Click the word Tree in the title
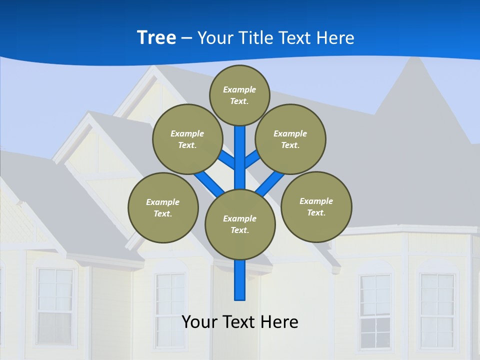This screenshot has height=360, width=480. click(156, 37)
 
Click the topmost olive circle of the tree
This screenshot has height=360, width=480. click(239, 95)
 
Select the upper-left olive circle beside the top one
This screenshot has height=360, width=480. click(187, 139)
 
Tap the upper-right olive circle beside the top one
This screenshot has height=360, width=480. click(290, 139)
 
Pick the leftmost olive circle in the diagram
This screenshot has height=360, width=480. click(163, 207)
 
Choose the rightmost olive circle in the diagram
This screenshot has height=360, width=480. click(316, 206)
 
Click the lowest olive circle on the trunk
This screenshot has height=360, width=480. click(239, 224)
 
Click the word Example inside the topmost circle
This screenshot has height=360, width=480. click(239, 89)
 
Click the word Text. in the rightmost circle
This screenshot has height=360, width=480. click(316, 212)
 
